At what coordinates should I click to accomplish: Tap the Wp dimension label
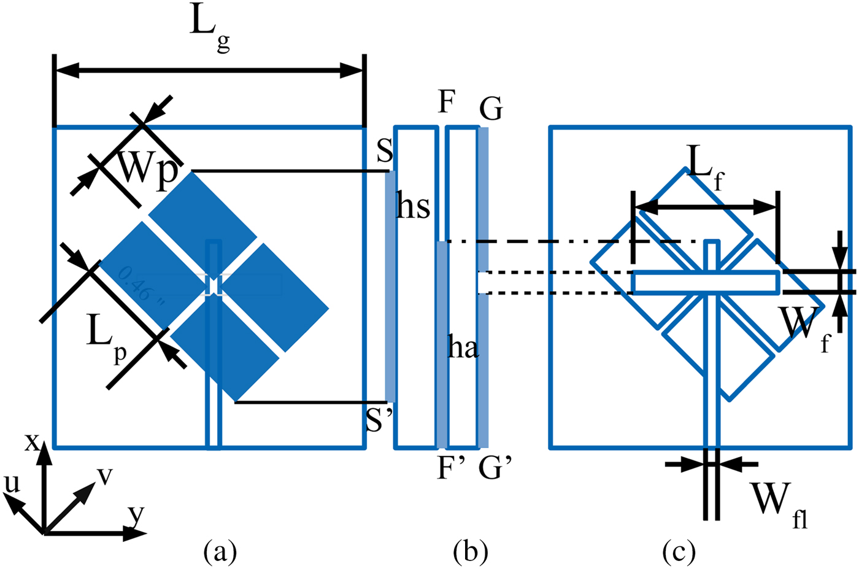pyautogui.click(x=147, y=168)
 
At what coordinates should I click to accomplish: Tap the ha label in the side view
pyautogui.click(x=463, y=348)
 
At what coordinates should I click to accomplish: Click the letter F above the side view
pyautogui.click(x=446, y=102)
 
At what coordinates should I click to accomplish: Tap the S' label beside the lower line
pyautogui.click(x=379, y=421)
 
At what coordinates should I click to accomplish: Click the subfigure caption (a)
pyautogui.click(x=220, y=551)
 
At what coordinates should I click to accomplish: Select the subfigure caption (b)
pyautogui.click(x=470, y=551)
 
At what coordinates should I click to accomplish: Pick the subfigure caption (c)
pyautogui.click(x=679, y=551)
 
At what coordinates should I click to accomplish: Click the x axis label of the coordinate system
pyautogui.click(x=31, y=441)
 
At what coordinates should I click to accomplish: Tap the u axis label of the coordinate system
pyautogui.click(x=12, y=484)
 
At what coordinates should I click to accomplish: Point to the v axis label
pyautogui.click(x=105, y=475)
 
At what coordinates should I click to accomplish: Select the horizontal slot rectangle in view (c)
pyautogui.click(x=706, y=282)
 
